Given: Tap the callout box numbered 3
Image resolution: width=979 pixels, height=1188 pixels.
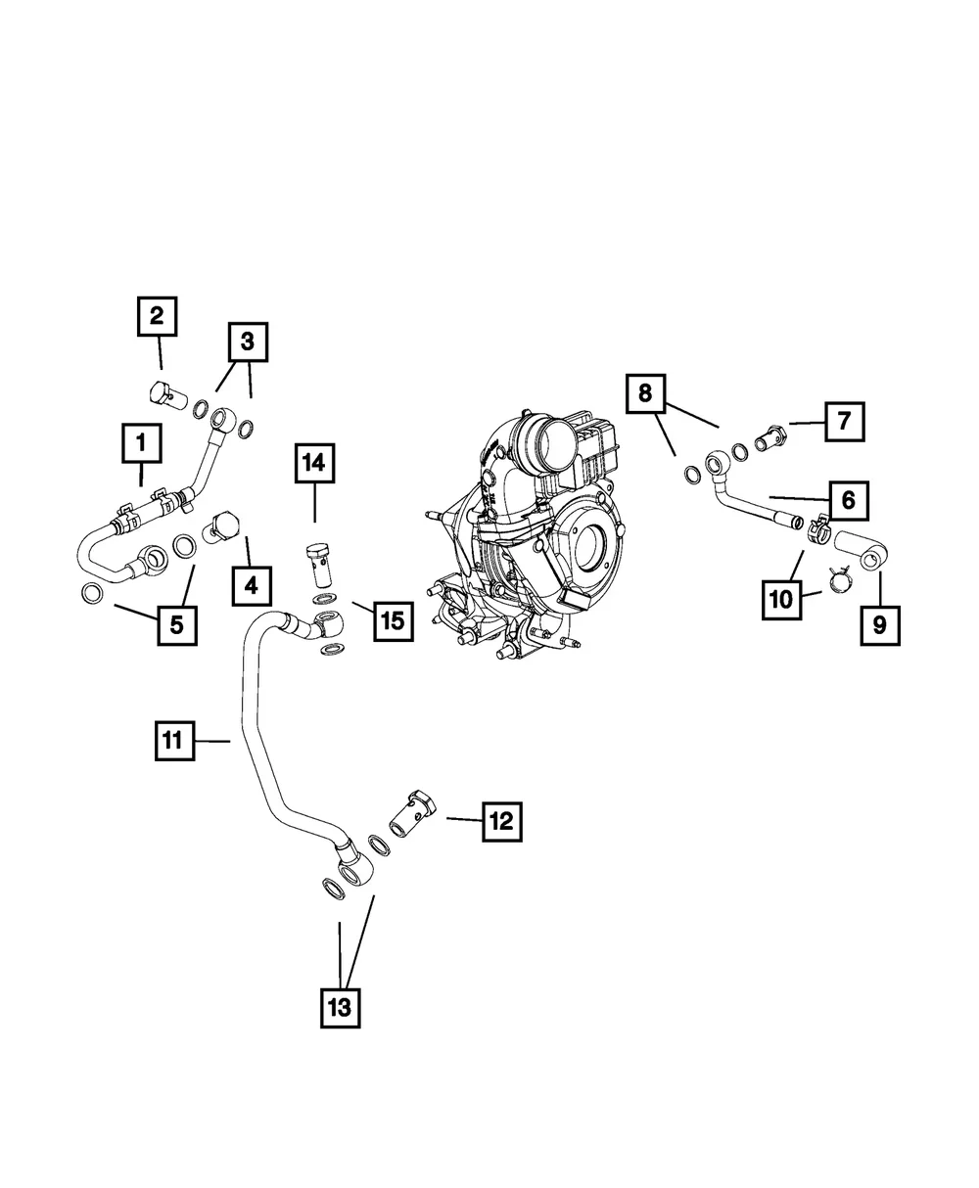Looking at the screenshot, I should point(248,342).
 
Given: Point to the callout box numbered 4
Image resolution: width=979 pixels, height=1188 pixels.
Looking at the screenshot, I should point(252,585).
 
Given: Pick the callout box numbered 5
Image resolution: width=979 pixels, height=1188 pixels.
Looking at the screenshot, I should point(176,624).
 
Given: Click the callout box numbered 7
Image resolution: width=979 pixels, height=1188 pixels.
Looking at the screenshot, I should point(844,422).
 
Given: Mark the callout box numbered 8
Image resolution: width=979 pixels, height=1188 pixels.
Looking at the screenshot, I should point(644,393).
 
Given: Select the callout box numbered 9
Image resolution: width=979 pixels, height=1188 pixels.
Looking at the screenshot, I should point(879,624).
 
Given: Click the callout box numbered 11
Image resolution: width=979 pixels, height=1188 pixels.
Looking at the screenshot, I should point(173,741).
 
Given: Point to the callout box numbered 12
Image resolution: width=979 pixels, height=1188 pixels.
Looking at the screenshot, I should point(500,822).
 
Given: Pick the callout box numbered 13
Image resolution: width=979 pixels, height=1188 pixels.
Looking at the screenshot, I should point(339,1007).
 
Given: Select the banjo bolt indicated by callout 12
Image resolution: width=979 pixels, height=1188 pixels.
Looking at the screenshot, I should point(412,812).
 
